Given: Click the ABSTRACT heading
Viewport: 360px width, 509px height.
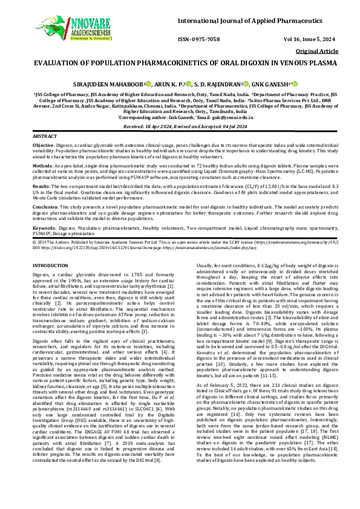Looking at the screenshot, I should pyautogui.click(x=44, y=138).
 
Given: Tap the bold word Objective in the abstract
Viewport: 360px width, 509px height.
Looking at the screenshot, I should pyautogui.click(x=42, y=146).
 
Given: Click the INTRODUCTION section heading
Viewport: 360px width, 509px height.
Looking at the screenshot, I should pyautogui.click(x=51, y=265).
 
